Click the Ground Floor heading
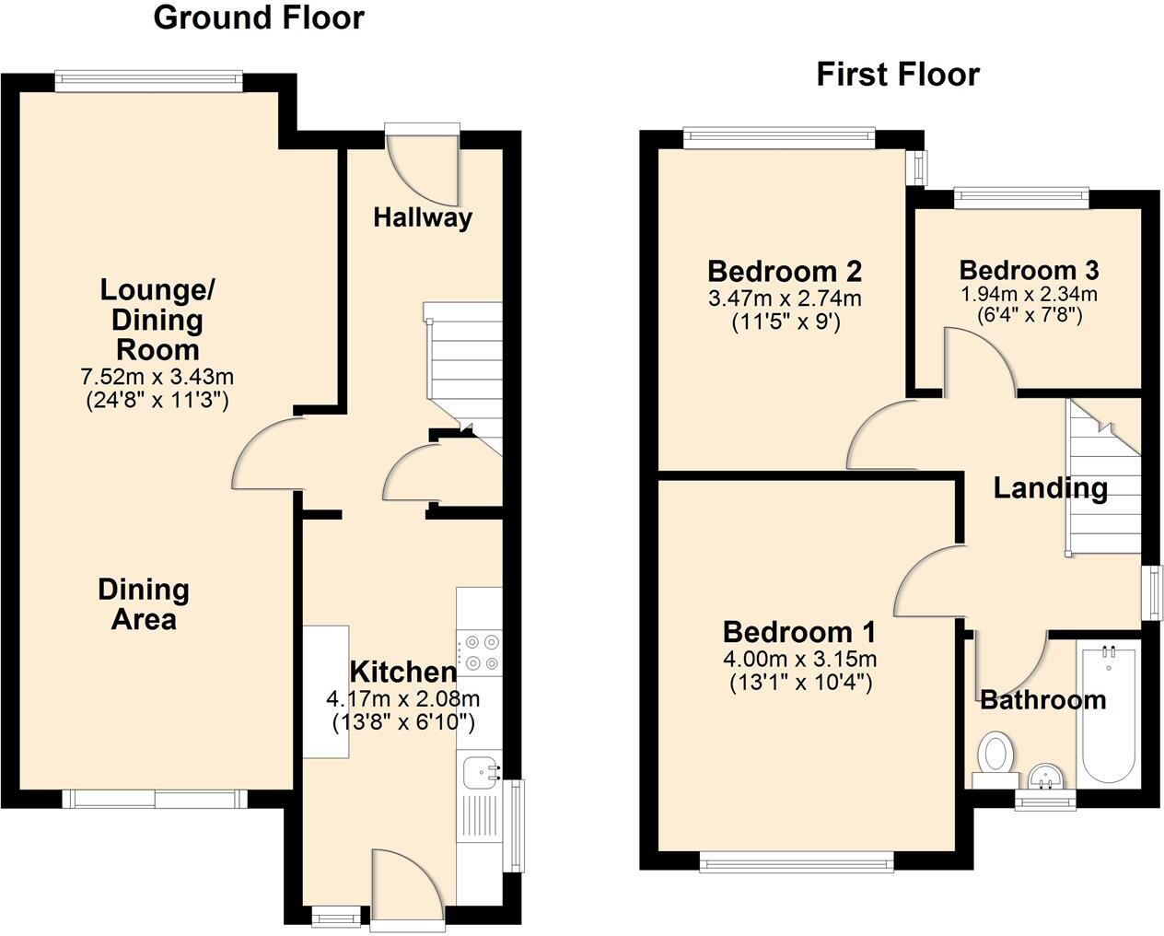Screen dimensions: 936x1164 (x=259, y=18)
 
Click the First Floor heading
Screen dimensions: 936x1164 (x=898, y=74)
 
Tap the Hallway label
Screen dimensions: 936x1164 (x=423, y=217)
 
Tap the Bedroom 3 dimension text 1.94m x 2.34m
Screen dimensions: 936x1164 (x=1029, y=295)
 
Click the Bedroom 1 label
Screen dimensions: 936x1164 (x=798, y=632)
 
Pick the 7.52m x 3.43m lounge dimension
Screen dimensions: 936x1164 (x=157, y=376)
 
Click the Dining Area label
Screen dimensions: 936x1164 (x=144, y=604)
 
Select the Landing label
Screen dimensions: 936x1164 (x=1050, y=487)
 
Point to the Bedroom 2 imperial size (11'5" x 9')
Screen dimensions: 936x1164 (x=786, y=322)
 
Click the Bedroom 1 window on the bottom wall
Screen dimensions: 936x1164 (x=797, y=862)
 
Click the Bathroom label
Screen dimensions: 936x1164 (x=1042, y=700)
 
